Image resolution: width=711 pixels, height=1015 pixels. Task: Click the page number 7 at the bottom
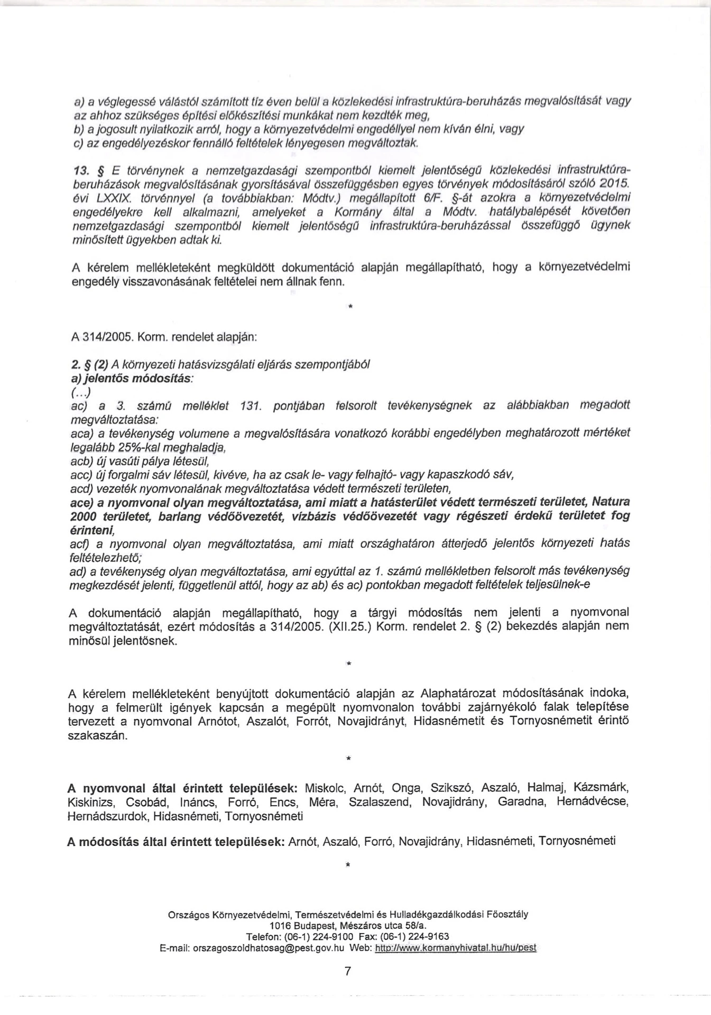pos(347,971)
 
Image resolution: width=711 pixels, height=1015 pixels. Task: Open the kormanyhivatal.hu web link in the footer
pos(455,948)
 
